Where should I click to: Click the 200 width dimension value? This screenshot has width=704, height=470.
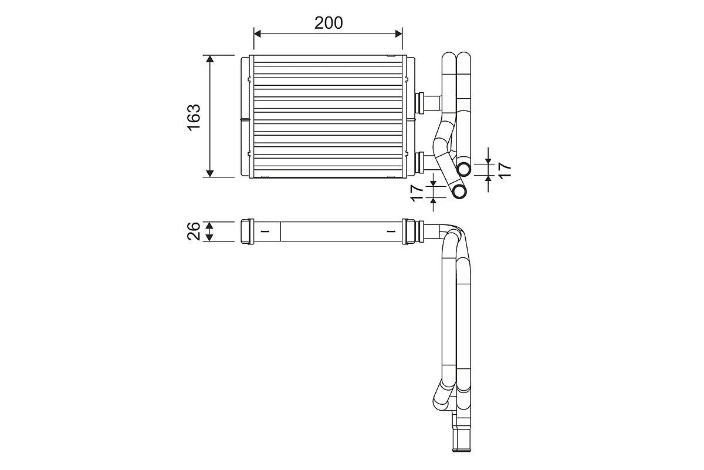[x=329, y=23]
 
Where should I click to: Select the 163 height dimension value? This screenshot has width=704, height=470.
[x=194, y=116]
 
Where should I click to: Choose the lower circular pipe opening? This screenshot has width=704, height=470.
[x=459, y=191]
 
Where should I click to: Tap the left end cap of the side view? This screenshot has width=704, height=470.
[x=246, y=231]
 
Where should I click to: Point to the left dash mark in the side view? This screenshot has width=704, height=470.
[x=265, y=231]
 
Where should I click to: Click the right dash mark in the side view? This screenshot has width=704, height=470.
[x=391, y=231]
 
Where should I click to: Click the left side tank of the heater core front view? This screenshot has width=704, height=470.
[x=245, y=116]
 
